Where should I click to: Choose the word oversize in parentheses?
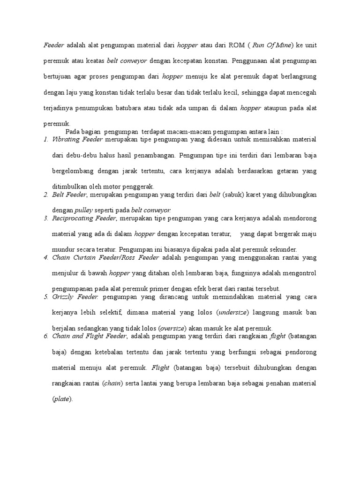coord(172,328)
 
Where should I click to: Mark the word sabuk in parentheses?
coord(237,195)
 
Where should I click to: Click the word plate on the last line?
coord(63,399)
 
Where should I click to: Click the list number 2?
coord(45,195)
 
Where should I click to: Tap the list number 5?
coord(45,297)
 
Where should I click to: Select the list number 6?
coord(45,336)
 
